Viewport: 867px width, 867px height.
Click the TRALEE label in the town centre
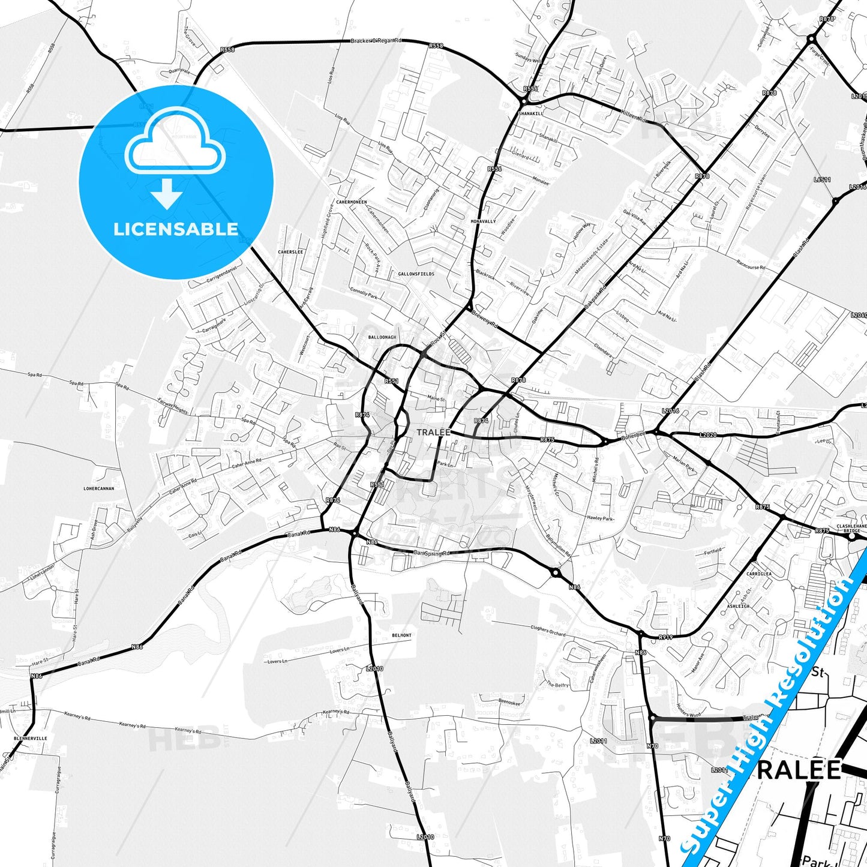[433, 432]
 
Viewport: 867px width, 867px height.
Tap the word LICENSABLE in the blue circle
[176, 229]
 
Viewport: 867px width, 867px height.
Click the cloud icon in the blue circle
[175, 146]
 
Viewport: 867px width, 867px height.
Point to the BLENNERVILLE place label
[31, 738]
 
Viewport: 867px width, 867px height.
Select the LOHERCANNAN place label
[99, 488]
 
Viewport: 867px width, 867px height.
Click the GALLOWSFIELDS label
[416, 274]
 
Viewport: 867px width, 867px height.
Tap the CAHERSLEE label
[290, 252]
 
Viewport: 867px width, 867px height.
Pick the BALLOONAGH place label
[382, 337]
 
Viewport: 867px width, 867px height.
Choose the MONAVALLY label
[484, 221]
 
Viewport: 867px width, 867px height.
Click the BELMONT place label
[401, 635]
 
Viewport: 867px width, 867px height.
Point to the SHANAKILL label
[531, 113]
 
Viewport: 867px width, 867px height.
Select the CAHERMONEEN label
[352, 202]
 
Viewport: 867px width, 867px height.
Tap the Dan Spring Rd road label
[431, 553]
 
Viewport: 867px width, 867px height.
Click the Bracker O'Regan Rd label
[376, 41]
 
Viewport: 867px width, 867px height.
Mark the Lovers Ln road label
[339, 650]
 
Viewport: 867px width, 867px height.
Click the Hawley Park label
[600, 518]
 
